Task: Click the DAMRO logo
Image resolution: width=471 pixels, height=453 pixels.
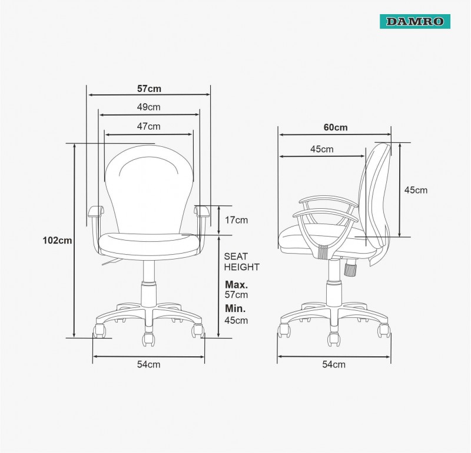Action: pyautogui.click(x=415, y=21)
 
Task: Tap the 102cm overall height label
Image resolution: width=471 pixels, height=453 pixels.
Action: pyautogui.click(x=57, y=240)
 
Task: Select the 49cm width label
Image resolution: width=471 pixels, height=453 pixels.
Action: pyautogui.click(x=149, y=107)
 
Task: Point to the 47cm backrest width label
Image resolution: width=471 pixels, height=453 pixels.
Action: pyautogui.click(x=149, y=126)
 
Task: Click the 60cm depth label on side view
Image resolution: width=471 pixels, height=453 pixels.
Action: pyautogui.click(x=336, y=127)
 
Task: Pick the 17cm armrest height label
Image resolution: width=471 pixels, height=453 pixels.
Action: pyautogui.click(x=237, y=220)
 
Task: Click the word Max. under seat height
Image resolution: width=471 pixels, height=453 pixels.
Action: pyautogui.click(x=237, y=284)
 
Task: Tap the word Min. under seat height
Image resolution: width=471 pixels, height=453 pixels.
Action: pyautogui.click(x=235, y=308)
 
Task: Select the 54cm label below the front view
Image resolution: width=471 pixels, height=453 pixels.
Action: pyautogui.click(x=149, y=364)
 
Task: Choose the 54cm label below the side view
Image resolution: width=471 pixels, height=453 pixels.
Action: pyautogui.click(x=334, y=364)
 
